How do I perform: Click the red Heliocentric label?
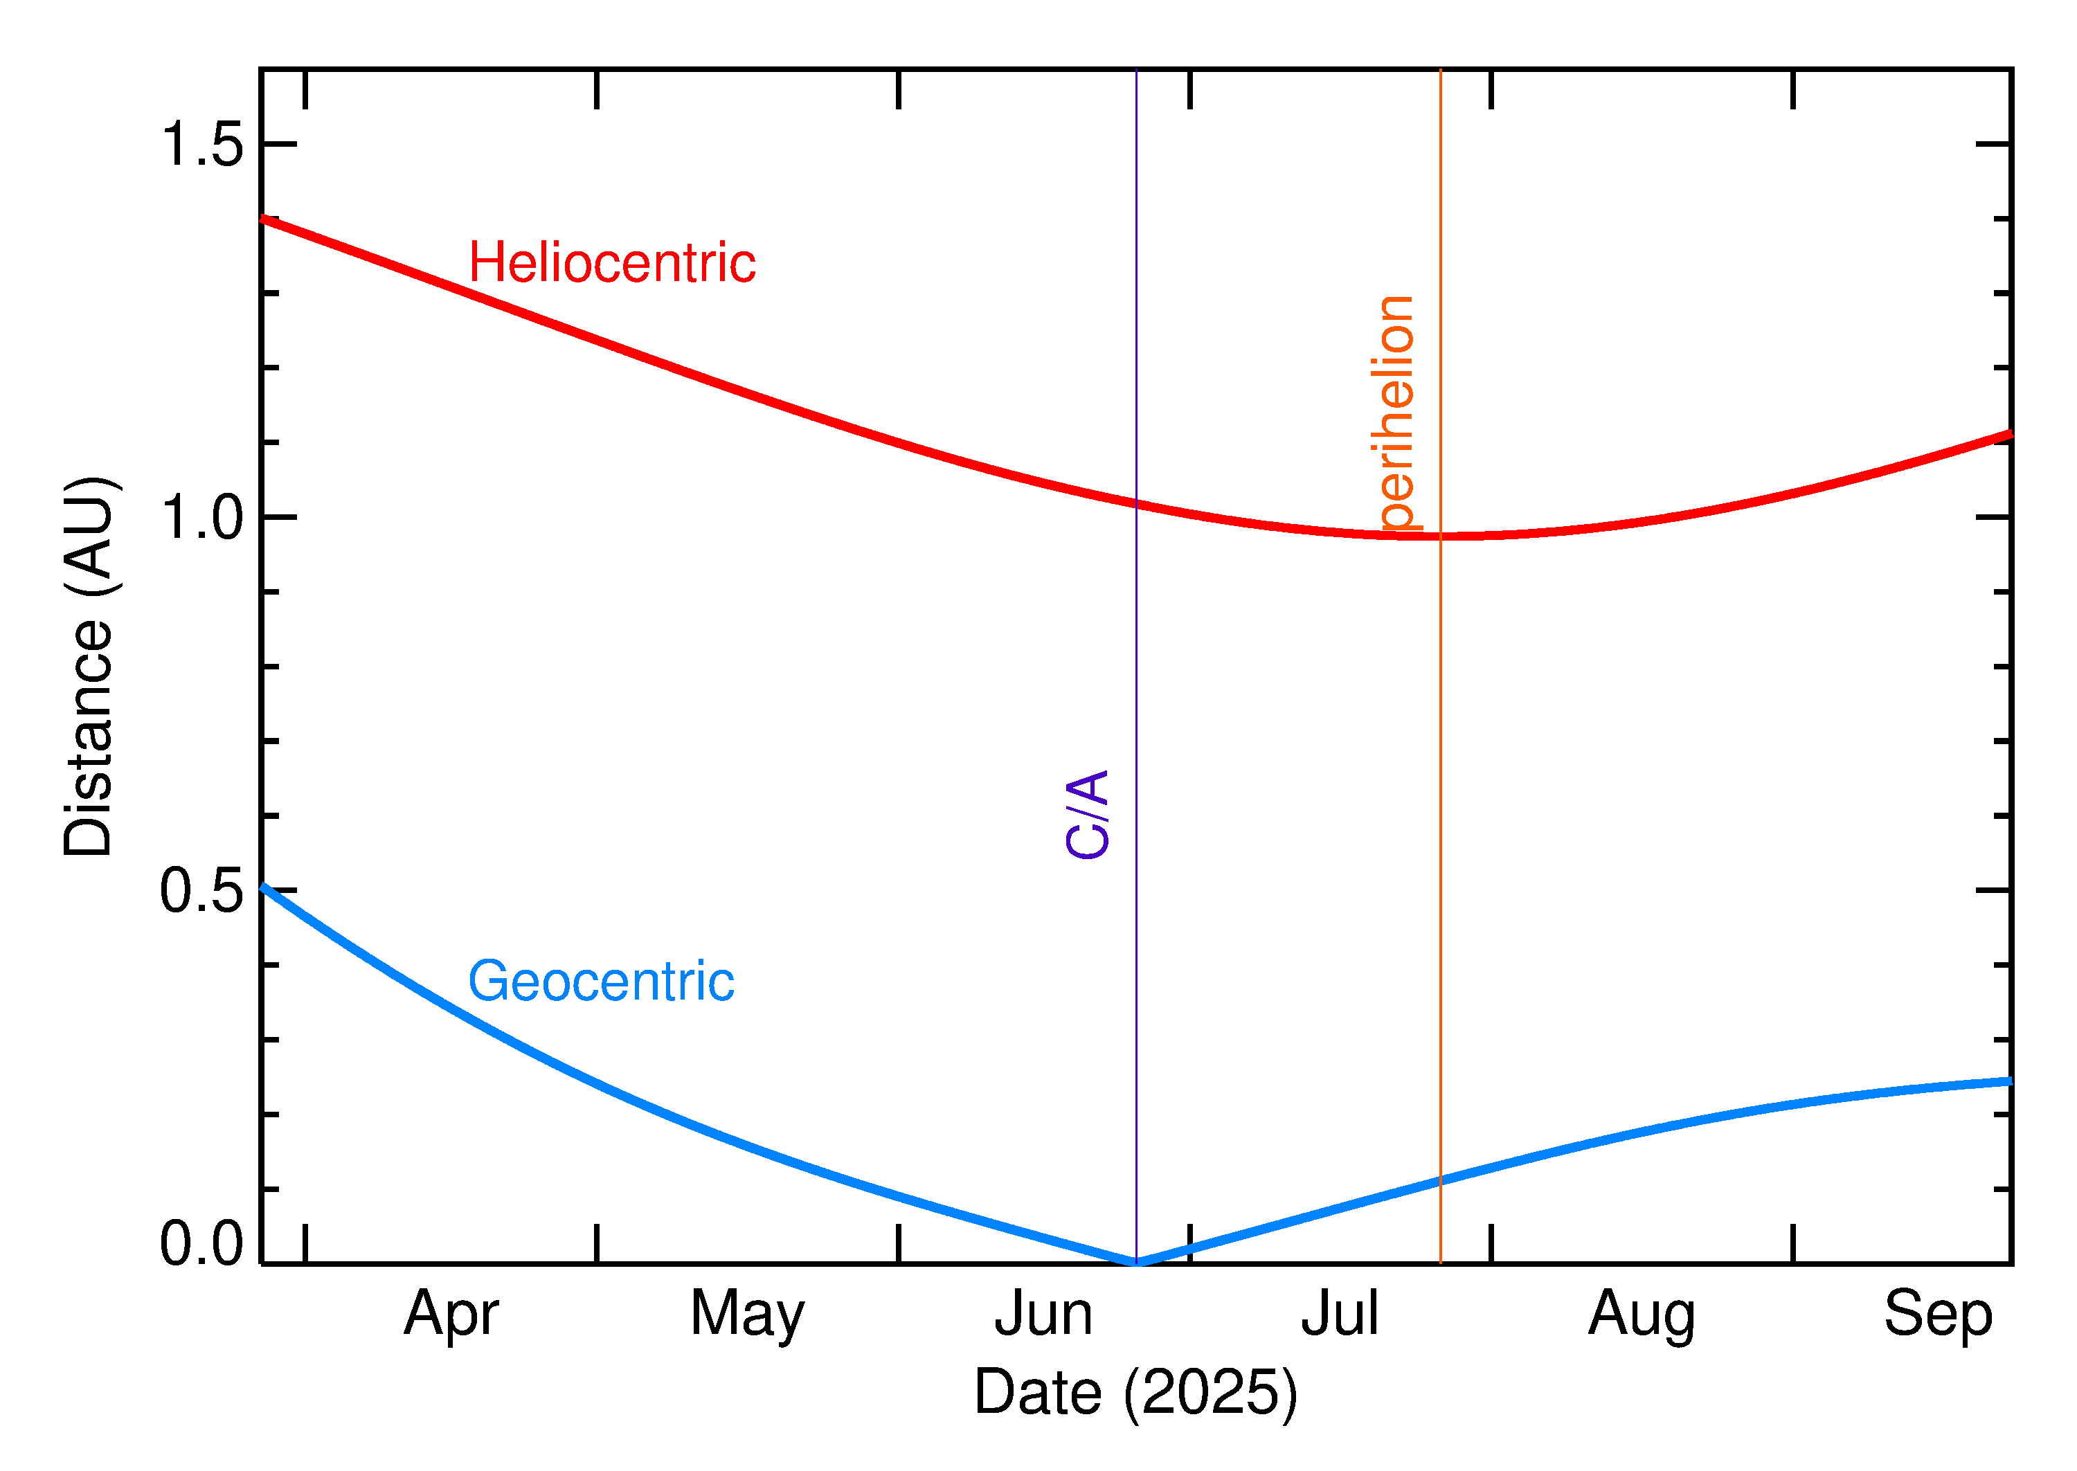[x=611, y=264]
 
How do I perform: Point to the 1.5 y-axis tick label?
[x=201, y=144]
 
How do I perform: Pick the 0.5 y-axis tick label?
[x=201, y=892]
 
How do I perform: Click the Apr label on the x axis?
[x=450, y=1315]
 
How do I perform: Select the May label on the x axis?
[x=746, y=1315]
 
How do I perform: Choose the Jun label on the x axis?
[x=1043, y=1315]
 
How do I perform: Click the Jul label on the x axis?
[x=1339, y=1315]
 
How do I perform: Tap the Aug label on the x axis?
[x=1642, y=1315]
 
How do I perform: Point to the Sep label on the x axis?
[x=1938, y=1315]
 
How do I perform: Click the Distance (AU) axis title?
[x=89, y=667]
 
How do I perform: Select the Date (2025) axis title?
[x=1135, y=1392]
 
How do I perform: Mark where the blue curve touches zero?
[x=1136, y=1262]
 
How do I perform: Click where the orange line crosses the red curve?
[x=1440, y=536]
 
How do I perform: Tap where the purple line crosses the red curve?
[x=1136, y=504]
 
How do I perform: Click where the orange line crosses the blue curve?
[x=1440, y=1180]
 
